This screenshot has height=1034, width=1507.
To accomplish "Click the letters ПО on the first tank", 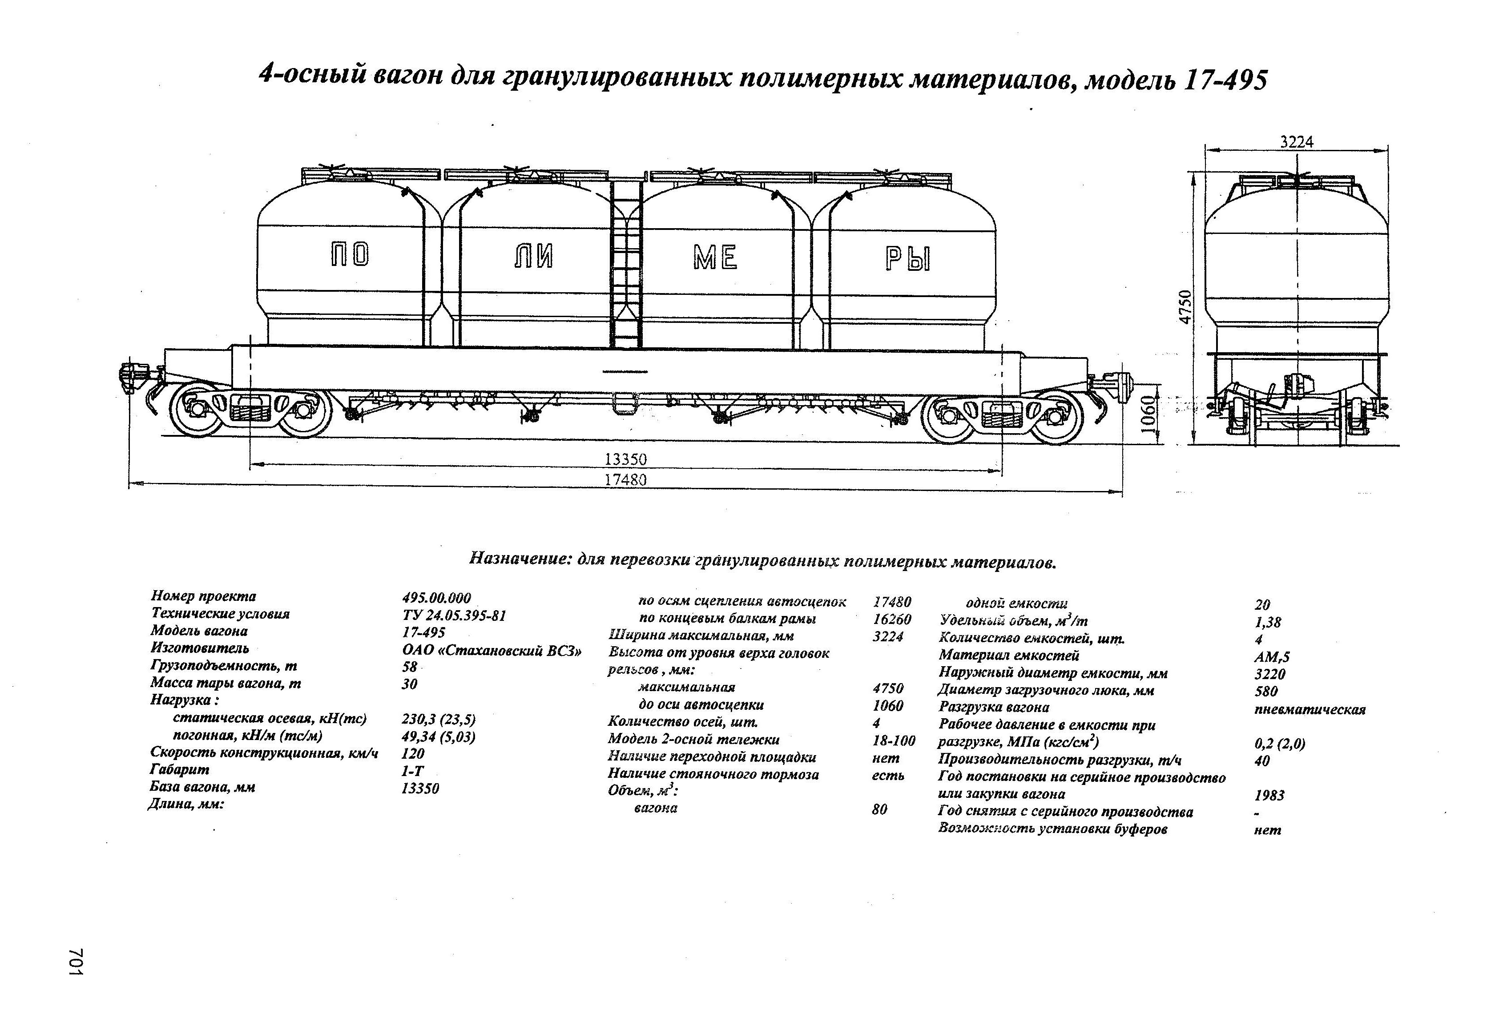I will (x=350, y=255).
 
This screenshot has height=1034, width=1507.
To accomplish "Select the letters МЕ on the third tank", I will (x=715, y=258).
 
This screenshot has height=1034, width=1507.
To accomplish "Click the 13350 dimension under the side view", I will (x=626, y=459).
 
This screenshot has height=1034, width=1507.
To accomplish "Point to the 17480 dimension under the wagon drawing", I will (x=626, y=480).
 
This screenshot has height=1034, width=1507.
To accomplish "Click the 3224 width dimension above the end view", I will (x=1297, y=142).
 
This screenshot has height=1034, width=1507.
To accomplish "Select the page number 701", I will (x=76, y=962).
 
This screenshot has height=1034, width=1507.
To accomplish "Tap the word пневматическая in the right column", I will (x=1310, y=709).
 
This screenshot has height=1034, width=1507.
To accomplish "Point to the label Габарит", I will (x=180, y=769).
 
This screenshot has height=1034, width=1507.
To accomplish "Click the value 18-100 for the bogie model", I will (x=894, y=740).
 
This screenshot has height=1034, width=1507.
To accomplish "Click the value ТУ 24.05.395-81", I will (x=454, y=615).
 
